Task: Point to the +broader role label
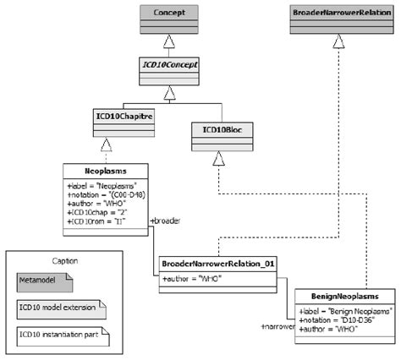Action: tap(165, 221)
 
